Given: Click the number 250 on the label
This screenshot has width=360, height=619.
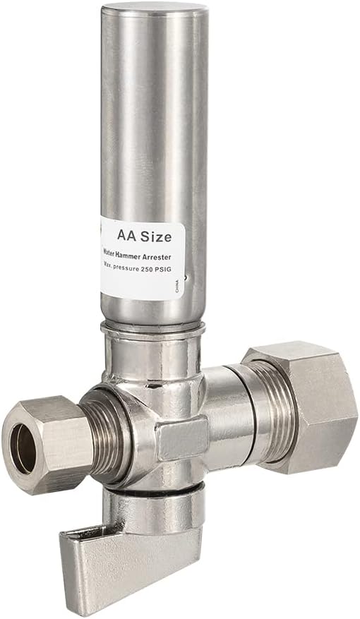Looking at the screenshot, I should click(x=150, y=270).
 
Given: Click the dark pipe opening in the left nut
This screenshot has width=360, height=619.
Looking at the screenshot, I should click(x=23, y=450).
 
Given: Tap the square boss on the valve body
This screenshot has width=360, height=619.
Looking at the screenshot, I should click(x=181, y=438).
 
